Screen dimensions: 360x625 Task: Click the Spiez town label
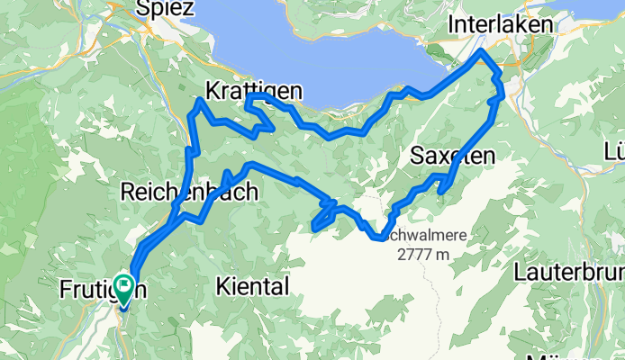tap(166, 8)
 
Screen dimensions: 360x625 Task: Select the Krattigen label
tap(254, 92)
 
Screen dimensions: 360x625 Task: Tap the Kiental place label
tap(253, 287)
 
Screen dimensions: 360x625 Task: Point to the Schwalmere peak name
tap(423, 236)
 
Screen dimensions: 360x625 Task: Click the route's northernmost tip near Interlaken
tap(483, 51)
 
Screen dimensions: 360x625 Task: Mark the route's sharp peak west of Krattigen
tap(199, 101)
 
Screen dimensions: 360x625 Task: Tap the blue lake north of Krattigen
tap(315, 45)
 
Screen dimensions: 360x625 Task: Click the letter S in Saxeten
tap(417, 156)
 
